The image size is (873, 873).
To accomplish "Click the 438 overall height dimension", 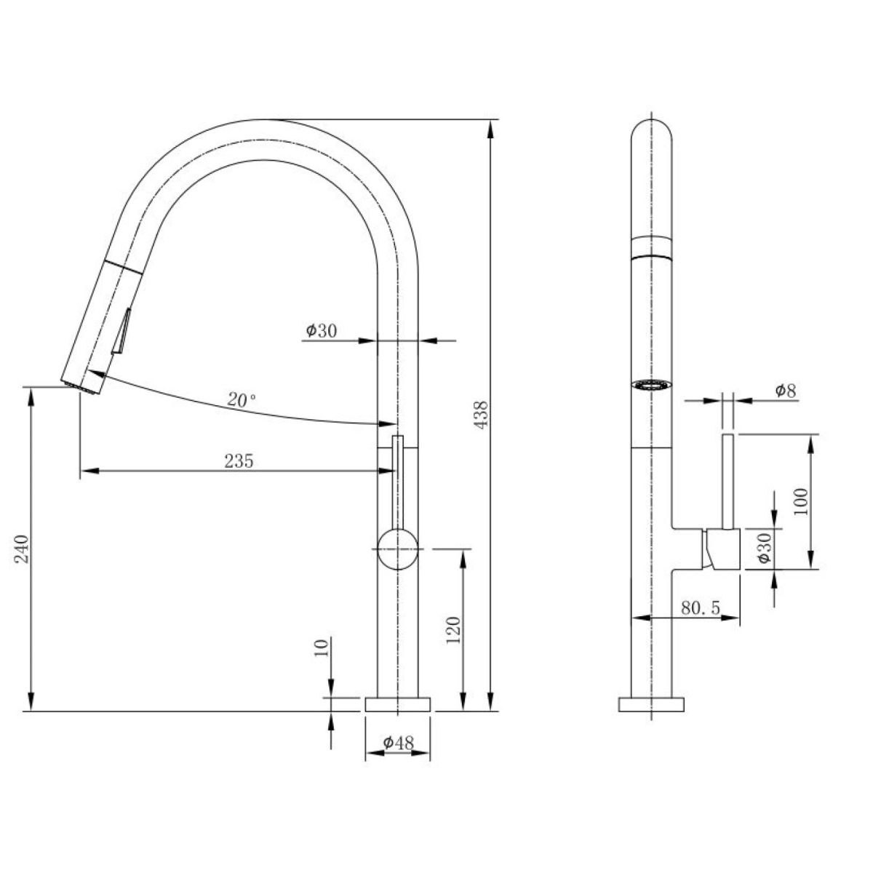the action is tap(482, 414).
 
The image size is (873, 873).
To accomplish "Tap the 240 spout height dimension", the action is tap(23, 549).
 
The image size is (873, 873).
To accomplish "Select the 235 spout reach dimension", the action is tap(239, 461).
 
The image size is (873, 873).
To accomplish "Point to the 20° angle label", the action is tap(242, 399).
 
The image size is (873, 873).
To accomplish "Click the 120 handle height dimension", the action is tap(454, 630).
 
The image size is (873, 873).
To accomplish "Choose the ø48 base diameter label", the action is tap(399, 743).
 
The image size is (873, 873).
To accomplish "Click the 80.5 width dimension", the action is tap(701, 609).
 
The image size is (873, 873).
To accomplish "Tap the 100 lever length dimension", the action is tap(800, 501).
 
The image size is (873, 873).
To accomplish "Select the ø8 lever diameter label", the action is tap(786, 390).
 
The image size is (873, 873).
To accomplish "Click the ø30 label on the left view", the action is tap(322, 331).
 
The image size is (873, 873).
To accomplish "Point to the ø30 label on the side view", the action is tap(764, 549).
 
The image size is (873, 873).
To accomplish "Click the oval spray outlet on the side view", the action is tap(651, 385).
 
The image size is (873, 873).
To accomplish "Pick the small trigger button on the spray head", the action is tap(122, 332).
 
